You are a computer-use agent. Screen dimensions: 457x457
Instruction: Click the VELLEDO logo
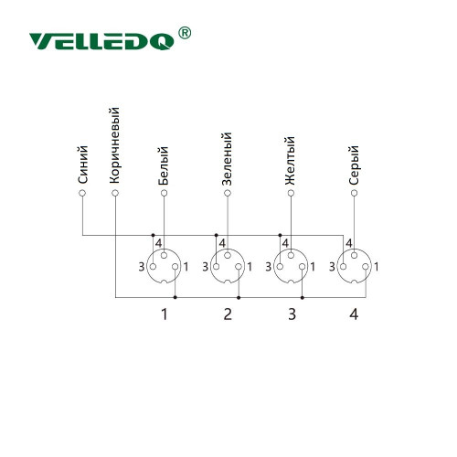click(101, 41)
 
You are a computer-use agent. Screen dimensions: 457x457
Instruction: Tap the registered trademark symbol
click(185, 33)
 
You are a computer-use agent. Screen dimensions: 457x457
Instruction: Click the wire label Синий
click(83, 165)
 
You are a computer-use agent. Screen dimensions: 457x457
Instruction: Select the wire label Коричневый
click(114, 145)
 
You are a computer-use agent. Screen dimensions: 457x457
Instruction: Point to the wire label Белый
click(164, 165)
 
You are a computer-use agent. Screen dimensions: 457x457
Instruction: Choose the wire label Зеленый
click(227, 159)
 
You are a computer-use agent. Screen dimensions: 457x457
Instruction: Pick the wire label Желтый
click(290, 161)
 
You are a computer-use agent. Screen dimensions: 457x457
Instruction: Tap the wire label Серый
click(354, 165)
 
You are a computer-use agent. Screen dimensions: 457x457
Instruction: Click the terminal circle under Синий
click(82, 193)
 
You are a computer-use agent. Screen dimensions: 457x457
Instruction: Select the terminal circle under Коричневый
click(115, 193)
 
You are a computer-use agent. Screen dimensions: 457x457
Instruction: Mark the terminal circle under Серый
click(354, 193)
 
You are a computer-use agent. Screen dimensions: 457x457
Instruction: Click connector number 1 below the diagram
click(165, 314)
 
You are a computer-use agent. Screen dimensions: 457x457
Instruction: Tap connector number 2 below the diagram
click(228, 314)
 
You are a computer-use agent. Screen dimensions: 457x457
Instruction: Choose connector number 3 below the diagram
click(292, 314)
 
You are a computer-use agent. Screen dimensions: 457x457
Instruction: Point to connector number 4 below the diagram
click(354, 314)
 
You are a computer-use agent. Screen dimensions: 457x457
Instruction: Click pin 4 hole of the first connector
click(164, 255)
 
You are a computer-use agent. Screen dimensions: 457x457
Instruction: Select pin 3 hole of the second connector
click(216, 267)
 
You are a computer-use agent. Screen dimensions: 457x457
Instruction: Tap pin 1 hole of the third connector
click(302, 267)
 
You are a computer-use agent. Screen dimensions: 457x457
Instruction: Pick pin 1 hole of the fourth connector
click(366, 267)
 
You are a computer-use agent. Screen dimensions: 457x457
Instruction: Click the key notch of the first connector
click(164, 282)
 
